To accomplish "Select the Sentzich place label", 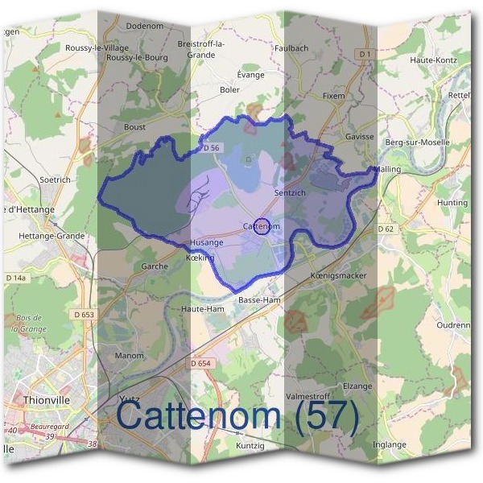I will click(x=290, y=194).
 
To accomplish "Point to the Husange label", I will click(x=207, y=242).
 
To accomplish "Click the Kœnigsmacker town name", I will click(x=337, y=276).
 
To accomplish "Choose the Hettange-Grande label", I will click(x=43, y=236).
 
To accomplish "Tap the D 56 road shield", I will click(x=212, y=148).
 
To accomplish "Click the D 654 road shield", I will click(x=201, y=364).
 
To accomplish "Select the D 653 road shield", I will click(x=83, y=314).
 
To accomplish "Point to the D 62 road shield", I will click(x=388, y=229).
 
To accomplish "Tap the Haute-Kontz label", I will click(x=434, y=60).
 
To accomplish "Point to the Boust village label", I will click(x=134, y=126).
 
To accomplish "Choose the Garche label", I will click(x=155, y=266).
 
